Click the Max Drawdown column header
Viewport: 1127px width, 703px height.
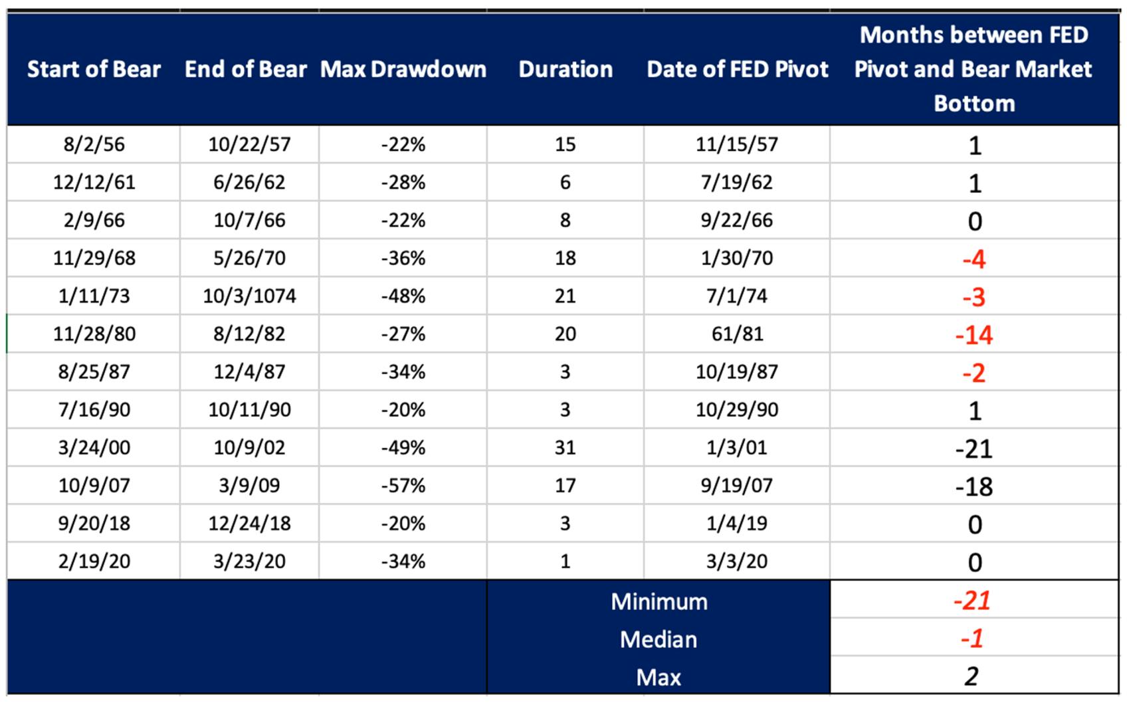[x=403, y=70]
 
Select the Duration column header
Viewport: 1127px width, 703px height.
[x=565, y=70]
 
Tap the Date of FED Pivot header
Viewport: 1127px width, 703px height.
[x=737, y=70]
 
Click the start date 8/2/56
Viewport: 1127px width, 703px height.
[x=94, y=144]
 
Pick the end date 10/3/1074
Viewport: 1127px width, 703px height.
[x=250, y=296]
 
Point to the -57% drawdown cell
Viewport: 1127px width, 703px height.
[x=403, y=486]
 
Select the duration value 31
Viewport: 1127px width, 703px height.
[x=565, y=448]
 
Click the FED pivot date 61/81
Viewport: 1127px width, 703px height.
[x=737, y=334]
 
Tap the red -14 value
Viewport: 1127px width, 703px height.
[x=974, y=335]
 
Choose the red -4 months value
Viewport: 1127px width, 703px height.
[x=974, y=259]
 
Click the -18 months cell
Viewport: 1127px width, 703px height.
[x=974, y=486]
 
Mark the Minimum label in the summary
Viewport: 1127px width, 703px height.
[x=659, y=602]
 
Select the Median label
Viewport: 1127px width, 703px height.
[x=659, y=640]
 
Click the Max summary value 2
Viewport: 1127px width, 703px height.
[x=972, y=676]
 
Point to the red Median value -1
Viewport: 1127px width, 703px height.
[x=972, y=639]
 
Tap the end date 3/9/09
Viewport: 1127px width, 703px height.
[x=250, y=486]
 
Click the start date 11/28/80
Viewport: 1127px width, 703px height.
[x=94, y=334]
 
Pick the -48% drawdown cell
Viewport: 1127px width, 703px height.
[x=403, y=296]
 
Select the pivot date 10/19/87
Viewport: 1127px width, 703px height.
[x=737, y=372]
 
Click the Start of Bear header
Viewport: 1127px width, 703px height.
[x=94, y=70]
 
